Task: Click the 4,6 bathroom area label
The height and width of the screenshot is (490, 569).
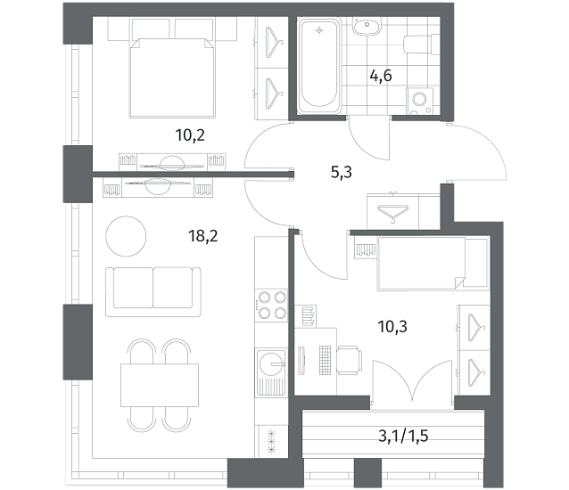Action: coord(381,76)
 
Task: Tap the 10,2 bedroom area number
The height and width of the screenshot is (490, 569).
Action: coord(190,135)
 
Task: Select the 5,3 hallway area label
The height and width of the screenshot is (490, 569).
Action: coord(342,173)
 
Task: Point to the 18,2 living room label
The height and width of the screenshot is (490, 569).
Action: coord(202,236)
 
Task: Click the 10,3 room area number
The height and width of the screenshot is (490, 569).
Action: coord(392,327)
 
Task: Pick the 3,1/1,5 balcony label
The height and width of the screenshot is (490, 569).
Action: coord(403,436)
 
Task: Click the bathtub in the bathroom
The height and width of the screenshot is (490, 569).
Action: coord(319,66)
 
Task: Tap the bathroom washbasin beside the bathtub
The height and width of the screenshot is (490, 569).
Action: coord(367,26)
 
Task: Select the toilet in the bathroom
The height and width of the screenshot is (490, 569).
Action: coord(421,45)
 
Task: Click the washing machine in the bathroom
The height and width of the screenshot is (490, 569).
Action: coord(420,101)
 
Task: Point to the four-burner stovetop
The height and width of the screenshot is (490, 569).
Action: coord(271,306)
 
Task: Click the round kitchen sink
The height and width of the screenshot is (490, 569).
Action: coord(271,363)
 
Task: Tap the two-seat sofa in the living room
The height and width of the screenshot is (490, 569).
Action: coord(153,291)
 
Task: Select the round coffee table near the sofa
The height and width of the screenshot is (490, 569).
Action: coord(126,236)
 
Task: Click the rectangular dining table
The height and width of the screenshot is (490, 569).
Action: coord(160,385)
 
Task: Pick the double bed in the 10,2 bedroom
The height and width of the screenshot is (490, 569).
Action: coord(172,78)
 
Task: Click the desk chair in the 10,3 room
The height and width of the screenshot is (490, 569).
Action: coord(349,360)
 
